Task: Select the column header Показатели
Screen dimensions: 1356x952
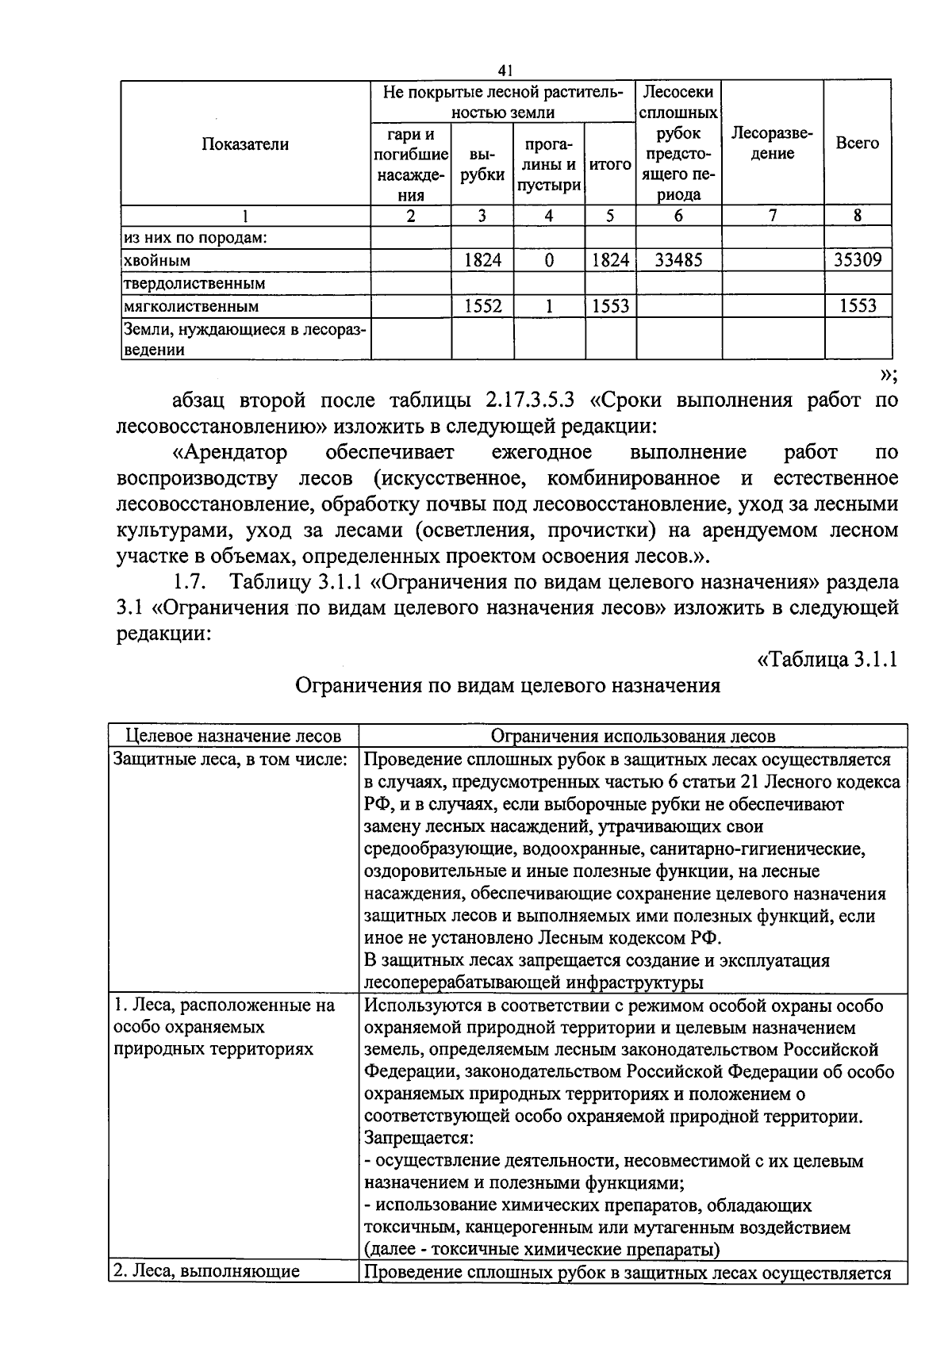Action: click(x=245, y=144)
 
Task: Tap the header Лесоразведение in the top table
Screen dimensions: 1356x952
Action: click(x=772, y=144)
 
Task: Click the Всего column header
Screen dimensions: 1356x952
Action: click(x=858, y=144)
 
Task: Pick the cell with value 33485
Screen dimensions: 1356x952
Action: click(x=678, y=259)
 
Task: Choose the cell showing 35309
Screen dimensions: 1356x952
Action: click(x=858, y=259)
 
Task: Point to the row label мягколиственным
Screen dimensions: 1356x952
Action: click(x=190, y=306)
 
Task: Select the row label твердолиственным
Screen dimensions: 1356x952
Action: click(x=194, y=283)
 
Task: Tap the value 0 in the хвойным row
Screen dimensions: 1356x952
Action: click(x=549, y=260)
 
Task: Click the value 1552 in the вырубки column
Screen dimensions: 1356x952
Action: click(x=482, y=306)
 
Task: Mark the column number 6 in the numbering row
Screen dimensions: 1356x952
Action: click(x=678, y=215)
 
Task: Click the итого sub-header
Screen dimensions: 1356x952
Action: click(x=610, y=165)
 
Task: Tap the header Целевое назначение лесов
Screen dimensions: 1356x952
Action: click(x=234, y=736)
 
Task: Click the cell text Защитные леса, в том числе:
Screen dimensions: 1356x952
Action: click(x=231, y=759)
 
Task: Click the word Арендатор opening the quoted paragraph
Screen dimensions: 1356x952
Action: click(x=229, y=453)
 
